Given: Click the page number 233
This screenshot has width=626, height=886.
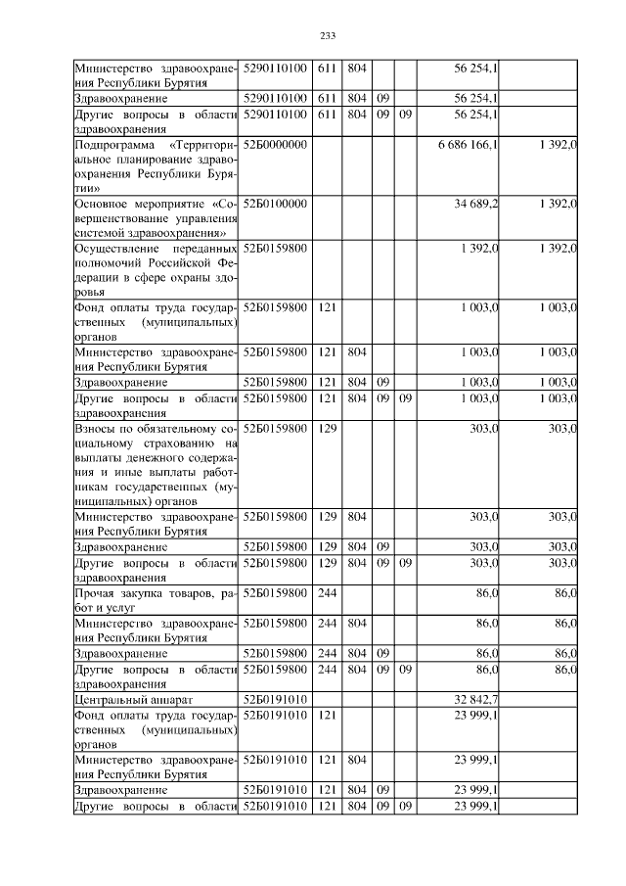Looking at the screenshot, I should pos(328,36).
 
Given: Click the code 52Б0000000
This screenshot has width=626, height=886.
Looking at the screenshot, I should pos(276,145).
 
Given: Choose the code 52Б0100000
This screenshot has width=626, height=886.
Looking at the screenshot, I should pos(276,203).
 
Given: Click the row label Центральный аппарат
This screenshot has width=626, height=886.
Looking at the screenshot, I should pos(134,699).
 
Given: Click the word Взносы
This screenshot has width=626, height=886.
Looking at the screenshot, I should pos(97,428).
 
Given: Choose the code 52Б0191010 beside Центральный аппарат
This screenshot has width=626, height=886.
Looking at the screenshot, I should pos(276,699).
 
